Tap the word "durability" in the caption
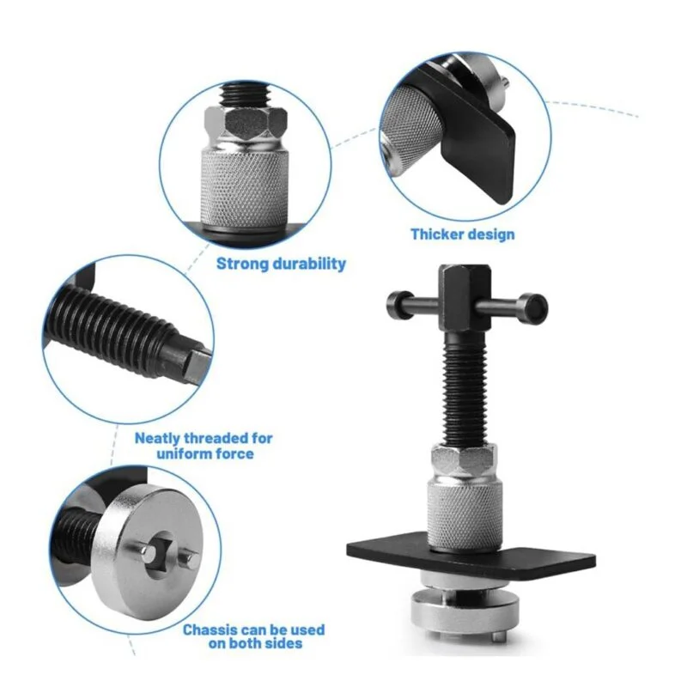click(309, 264)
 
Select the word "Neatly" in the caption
click(158, 438)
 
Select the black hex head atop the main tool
click(465, 296)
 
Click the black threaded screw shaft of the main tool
click(465, 388)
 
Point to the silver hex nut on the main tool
click(465, 460)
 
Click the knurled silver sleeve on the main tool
click(465, 514)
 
